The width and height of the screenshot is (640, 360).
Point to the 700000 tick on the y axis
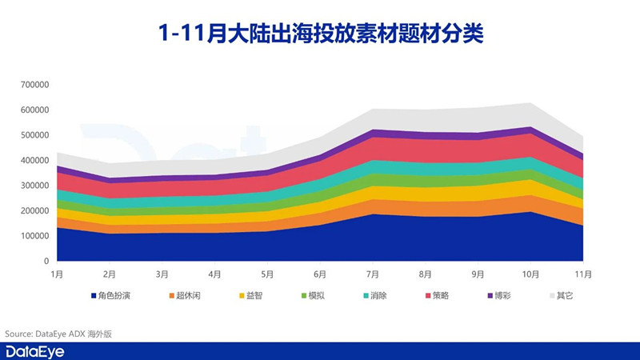[34, 84]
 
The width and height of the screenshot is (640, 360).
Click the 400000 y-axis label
[34, 160]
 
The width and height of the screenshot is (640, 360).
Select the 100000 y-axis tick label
[34, 236]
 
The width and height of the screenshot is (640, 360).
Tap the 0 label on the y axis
[46, 262]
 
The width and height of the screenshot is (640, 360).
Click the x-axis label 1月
[57, 274]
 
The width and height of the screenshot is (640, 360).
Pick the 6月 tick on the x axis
[320, 274]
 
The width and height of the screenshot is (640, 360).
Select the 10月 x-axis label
[530, 274]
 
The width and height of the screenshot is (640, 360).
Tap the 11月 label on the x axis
[583, 274]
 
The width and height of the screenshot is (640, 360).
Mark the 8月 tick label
[425, 274]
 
